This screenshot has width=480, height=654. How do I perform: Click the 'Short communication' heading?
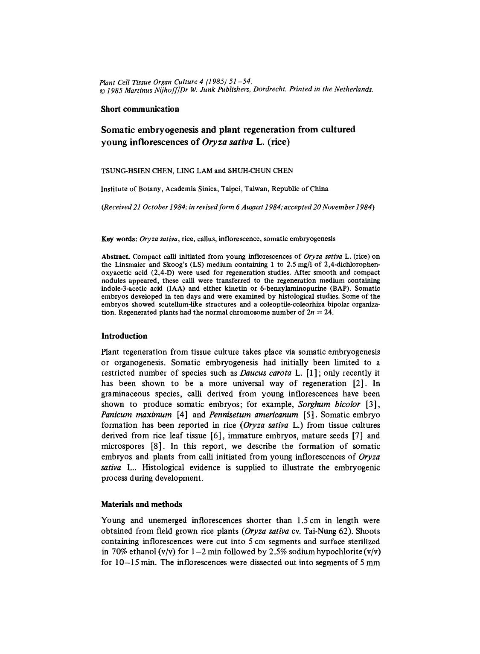click(140, 109)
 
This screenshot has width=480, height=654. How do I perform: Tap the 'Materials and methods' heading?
click(141, 504)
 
